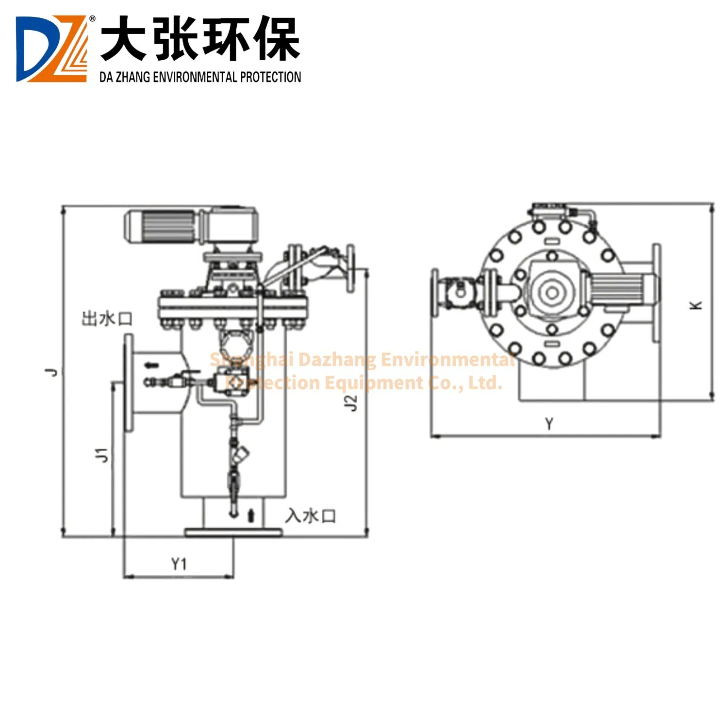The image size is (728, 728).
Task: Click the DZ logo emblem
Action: pos(51,49)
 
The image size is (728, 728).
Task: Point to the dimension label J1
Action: pos(101,455)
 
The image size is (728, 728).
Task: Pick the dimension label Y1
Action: pos(179,564)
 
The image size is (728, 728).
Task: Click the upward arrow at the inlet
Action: pos(251,515)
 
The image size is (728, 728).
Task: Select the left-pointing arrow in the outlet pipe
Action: pos(152,365)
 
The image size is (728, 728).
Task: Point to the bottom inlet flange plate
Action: pos(233,532)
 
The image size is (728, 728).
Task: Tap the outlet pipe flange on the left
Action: pos(129,382)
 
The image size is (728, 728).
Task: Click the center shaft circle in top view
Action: pos(552,293)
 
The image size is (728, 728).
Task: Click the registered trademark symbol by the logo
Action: pos(92,18)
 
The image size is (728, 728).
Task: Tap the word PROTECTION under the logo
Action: pos(270,77)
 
